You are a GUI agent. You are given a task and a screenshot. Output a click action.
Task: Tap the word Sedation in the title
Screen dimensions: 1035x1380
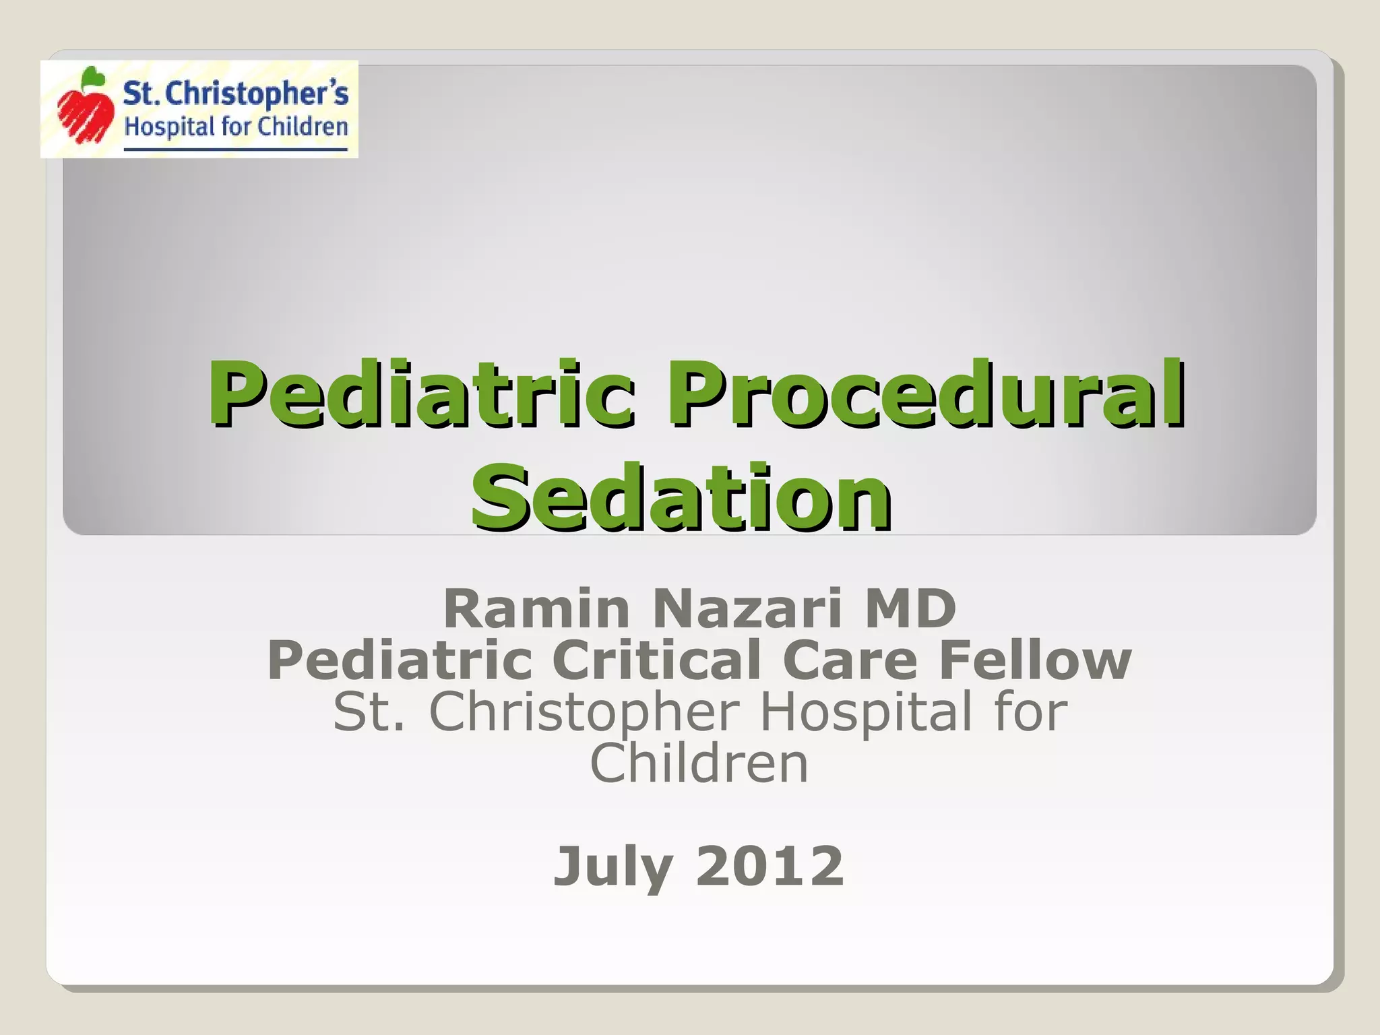(x=682, y=497)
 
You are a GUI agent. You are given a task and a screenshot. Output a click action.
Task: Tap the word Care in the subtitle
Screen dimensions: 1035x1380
(x=850, y=660)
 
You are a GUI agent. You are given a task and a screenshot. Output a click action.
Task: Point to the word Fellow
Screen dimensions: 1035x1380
(x=1035, y=660)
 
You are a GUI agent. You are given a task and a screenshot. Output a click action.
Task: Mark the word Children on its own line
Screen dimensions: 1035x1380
(x=699, y=764)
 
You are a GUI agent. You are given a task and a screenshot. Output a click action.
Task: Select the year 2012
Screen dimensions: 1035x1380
(x=770, y=867)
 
